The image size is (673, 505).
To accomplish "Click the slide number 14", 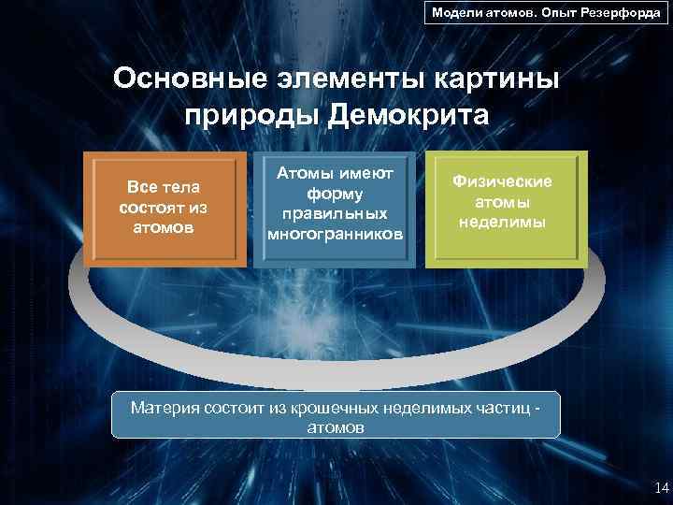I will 662,487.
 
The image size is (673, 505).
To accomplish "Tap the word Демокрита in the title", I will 408,116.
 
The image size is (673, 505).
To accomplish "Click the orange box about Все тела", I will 165,209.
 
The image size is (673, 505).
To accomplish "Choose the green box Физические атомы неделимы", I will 506,209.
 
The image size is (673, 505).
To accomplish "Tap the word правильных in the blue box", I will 335,214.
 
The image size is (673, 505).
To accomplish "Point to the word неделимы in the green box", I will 503,223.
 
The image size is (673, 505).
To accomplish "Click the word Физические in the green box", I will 503,181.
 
